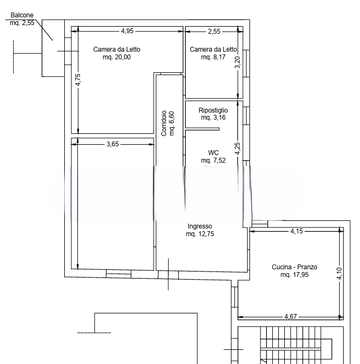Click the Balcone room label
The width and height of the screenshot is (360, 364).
[x=22, y=15]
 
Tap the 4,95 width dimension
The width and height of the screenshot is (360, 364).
[x=127, y=31]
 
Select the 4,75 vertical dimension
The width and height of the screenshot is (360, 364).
[x=78, y=79]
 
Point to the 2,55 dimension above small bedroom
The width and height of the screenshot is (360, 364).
[x=214, y=32]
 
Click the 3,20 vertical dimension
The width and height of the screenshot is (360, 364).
[x=237, y=63]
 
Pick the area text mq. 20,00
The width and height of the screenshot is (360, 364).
[x=117, y=57]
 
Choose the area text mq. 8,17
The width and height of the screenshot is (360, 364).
[x=213, y=57]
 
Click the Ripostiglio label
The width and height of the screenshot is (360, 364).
[x=213, y=110]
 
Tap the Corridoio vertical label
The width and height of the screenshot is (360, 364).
[x=164, y=124]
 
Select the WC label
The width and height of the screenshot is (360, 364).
[x=213, y=153]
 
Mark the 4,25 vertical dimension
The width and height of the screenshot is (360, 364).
[x=237, y=149]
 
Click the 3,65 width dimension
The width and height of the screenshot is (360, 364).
[x=113, y=144]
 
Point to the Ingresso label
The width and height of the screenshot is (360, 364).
[x=200, y=226]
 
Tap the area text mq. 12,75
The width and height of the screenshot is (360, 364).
[x=200, y=234]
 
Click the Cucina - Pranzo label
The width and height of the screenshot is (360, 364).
[x=295, y=267]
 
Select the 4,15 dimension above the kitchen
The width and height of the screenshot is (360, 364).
[x=297, y=231]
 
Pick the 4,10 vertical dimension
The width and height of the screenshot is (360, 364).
[x=339, y=274]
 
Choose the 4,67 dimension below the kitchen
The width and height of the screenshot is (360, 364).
[x=291, y=317]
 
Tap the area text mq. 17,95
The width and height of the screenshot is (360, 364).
[x=295, y=275]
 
